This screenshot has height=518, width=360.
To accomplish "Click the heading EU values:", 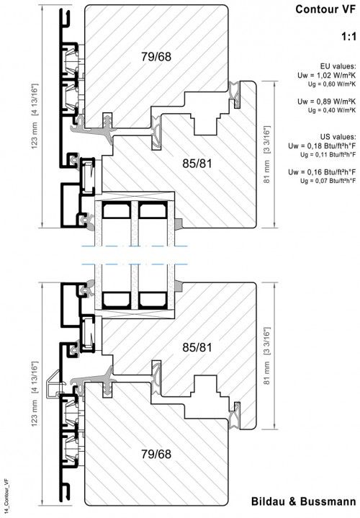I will tap(338, 65).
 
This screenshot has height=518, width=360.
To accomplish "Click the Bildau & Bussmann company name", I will tap(305, 502).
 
